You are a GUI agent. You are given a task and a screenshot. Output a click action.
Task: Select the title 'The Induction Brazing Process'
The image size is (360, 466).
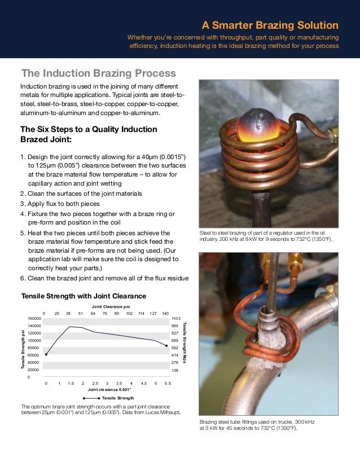click(99, 73)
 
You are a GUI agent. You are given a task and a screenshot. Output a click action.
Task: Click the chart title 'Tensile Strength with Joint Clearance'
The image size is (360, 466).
click(84, 296)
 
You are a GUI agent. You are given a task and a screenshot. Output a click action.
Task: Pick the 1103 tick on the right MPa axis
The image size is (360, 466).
click(175, 319)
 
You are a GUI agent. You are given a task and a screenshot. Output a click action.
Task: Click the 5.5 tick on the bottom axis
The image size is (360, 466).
click(168, 383)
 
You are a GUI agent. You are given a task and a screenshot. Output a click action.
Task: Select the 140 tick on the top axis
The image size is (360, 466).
click(165, 313)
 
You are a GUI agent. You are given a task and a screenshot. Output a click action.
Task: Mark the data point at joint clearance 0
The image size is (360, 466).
click(46, 355)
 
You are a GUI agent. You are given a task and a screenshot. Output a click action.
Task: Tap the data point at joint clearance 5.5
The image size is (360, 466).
click(166, 346)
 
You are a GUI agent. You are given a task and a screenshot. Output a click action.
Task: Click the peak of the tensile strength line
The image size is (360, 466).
click(70, 327)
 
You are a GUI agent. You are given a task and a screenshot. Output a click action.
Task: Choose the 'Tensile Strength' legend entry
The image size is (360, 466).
click(116, 398)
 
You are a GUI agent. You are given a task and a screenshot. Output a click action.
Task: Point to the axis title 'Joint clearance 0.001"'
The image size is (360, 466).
click(109, 390)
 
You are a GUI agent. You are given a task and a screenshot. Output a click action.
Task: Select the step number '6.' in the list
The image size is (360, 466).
click(23, 278)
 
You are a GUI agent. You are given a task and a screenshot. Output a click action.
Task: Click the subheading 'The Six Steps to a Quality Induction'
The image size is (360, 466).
click(89, 129)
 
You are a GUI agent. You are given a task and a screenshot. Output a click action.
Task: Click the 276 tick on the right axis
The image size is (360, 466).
click(175, 362)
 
